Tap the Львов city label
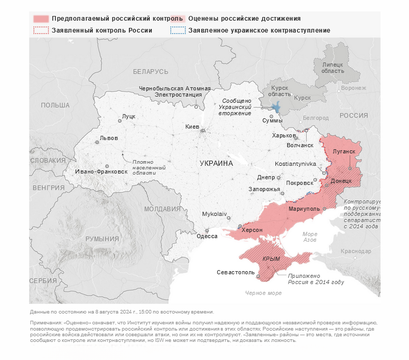109,138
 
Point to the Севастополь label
236,272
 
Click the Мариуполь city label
304,209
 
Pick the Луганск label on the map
344,151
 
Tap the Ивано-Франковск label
101,171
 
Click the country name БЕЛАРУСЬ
151,71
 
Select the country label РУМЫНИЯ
102,239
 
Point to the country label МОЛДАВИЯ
163,209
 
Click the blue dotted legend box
178,30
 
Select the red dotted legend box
41,30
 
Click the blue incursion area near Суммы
276,107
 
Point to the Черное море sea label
264,293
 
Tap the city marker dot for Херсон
240,226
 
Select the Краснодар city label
356,251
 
